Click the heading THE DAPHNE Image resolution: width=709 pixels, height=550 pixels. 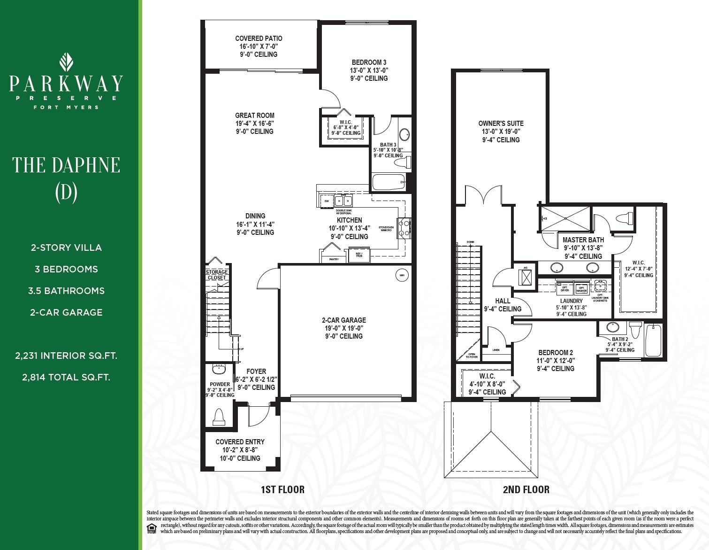(x=66, y=165)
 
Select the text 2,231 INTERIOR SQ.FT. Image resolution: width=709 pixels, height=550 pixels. (x=66, y=356)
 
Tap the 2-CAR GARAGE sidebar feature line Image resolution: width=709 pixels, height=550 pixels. (x=66, y=312)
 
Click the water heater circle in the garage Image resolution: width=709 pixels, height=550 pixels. (x=401, y=276)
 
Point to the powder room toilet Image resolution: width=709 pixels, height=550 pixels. (x=219, y=416)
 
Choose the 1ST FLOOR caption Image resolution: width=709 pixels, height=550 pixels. (x=282, y=490)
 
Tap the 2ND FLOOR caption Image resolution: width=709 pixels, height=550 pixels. (x=526, y=490)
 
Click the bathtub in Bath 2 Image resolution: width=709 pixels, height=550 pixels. (x=653, y=341)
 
